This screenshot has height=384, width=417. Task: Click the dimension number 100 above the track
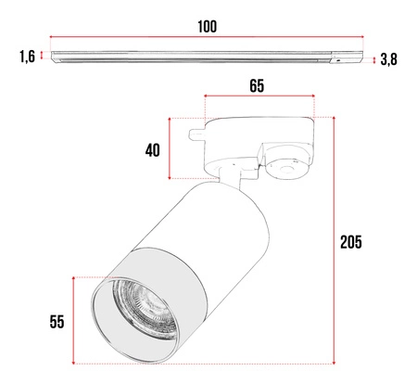pyautogui.click(x=207, y=26)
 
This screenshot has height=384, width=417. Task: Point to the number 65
pyautogui.click(x=257, y=86)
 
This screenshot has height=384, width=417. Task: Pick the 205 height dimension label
pyautogui.click(x=350, y=242)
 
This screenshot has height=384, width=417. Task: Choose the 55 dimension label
pyautogui.click(x=57, y=321)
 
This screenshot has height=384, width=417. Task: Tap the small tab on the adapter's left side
pyautogui.click(x=196, y=134)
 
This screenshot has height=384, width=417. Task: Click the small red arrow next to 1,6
pyautogui.click(x=43, y=57)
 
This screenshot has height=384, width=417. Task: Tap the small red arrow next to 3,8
pyautogui.click(x=373, y=59)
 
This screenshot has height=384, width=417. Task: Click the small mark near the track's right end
pyautogui.click(x=339, y=58)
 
